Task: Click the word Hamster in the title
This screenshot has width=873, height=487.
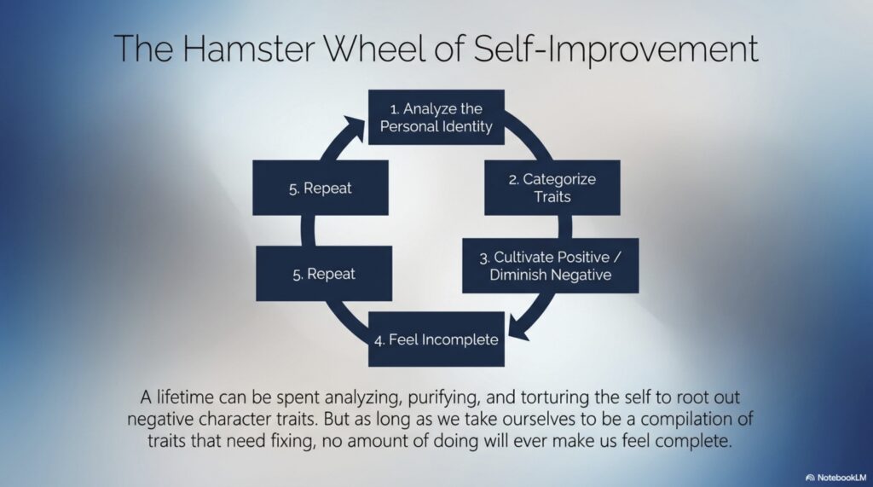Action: (249, 48)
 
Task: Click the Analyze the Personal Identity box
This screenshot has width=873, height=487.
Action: (436, 117)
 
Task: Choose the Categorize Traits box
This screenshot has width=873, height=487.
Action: (552, 188)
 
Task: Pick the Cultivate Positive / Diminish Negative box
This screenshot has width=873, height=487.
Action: (551, 266)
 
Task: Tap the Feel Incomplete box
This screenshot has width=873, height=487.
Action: (436, 339)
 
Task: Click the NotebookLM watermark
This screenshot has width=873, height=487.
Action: (835, 478)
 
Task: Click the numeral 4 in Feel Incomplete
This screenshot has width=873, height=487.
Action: (379, 340)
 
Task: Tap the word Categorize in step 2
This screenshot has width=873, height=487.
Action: (559, 180)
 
